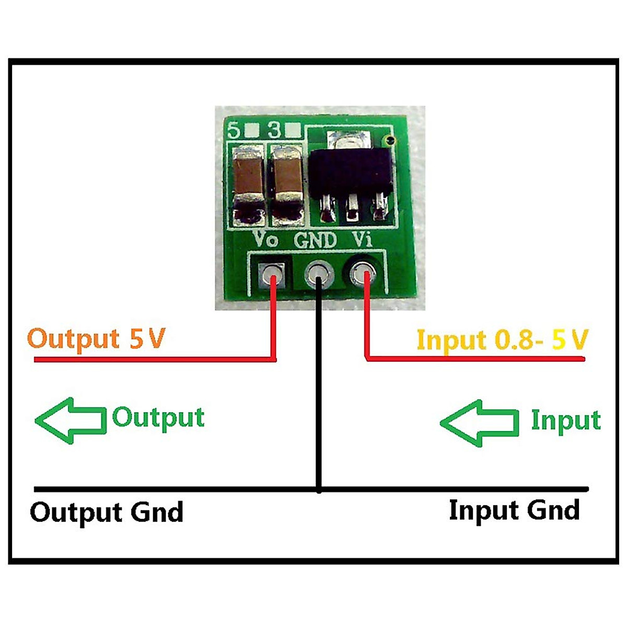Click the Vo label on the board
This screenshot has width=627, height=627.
pyautogui.click(x=265, y=239)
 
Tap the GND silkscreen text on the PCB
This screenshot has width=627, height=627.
pyautogui.click(x=315, y=240)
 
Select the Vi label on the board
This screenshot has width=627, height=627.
pyautogui.click(x=362, y=239)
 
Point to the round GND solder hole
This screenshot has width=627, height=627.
pyautogui.click(x=318, y=273)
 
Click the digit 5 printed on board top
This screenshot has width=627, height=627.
pyautogui.click(x=235, y=130)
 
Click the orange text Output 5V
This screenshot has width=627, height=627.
pyautogui.click(x=96, y=339)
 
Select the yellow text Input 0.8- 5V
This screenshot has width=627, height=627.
pyautogui.click(x=502, y=340)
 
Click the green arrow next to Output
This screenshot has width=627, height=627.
pyautogui.click(x=70, y=420)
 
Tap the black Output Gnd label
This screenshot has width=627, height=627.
pyautogui.click(x=107, y=512)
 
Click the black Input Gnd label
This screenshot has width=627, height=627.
pyautogui.click(x=514, y=510)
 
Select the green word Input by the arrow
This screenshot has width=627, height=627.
pyautogui.click(x=565, y=421)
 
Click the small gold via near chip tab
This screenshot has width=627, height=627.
pyautogui.click(x=388, y=140)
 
